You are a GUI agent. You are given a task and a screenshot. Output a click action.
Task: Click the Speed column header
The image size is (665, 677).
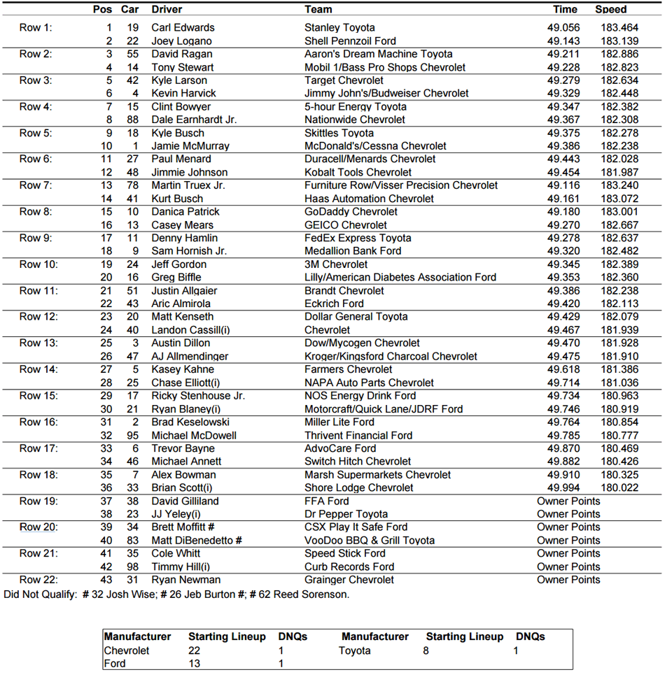610,10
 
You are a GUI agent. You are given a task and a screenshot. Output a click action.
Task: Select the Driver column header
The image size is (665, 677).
167,10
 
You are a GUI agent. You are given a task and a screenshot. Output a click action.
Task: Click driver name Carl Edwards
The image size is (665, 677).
183,28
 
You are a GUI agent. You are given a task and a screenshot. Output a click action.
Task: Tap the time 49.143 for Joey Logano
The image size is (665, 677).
564,41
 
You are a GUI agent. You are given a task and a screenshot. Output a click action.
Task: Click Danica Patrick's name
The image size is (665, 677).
185,212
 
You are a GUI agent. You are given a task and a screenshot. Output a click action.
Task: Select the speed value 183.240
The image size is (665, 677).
619,185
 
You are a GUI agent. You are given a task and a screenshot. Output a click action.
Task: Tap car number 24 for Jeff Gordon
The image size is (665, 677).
132,264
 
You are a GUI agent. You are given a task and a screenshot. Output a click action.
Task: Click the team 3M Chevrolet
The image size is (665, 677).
336,264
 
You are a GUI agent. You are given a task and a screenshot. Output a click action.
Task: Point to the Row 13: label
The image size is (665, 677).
38,343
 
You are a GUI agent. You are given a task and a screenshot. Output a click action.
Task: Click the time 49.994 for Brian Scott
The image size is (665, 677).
564,488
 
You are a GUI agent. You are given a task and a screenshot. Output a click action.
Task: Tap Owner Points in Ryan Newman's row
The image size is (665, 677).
568,580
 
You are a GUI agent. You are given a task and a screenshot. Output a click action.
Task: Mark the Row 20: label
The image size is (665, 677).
38,527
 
